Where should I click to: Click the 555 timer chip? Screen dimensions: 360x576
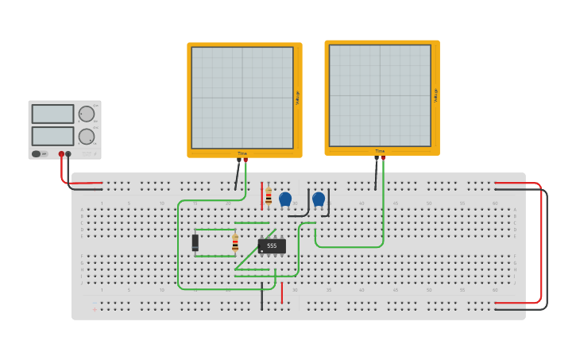point(272,246)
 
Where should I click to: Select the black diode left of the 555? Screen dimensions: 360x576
point(195,242)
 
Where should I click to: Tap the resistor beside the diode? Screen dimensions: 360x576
point(235,243)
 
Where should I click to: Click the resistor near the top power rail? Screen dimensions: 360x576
point(269,196)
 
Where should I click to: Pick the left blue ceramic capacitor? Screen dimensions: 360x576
point(285,199)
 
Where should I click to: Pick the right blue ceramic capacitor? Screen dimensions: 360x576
point(319,199)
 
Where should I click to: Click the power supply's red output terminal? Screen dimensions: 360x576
point(61,154)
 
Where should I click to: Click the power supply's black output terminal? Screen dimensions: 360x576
point(68,154)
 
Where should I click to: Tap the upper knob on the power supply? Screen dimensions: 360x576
point(86,114)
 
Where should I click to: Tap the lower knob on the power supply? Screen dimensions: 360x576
point(86,136)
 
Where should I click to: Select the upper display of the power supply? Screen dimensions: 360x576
point(52,114)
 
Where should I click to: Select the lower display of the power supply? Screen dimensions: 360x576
point(52,136)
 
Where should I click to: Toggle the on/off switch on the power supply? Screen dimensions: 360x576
point(37,153)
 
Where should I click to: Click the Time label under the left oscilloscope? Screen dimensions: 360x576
point(242,153)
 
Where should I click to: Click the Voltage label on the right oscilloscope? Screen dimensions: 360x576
point(435,95)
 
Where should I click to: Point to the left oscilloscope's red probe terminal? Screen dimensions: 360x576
point(245,160)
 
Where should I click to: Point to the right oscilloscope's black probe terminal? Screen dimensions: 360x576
point(377,157)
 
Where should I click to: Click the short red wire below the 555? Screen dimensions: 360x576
point(281,292)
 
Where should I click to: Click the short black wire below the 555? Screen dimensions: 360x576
point(261,295)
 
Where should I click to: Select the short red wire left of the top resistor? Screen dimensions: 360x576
point(261,195)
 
